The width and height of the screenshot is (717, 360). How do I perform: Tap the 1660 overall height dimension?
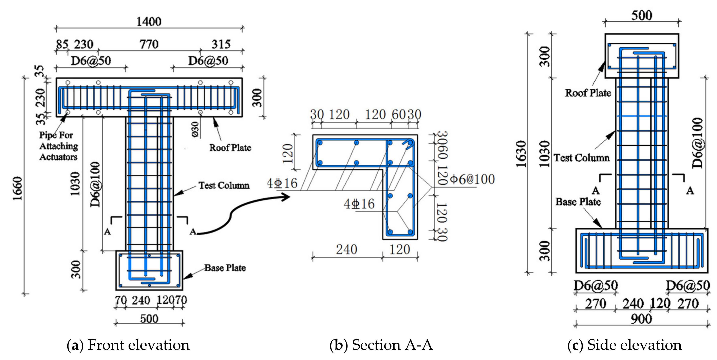click(17, 188)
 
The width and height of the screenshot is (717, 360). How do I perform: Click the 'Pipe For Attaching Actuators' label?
click(58, 146)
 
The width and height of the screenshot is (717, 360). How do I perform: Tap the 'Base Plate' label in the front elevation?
click(225, 268)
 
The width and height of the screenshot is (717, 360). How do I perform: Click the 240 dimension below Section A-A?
click(346, 249)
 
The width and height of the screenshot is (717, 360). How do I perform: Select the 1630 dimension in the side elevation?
click(521, 154)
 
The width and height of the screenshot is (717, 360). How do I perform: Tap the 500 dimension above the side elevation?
click(641, 15)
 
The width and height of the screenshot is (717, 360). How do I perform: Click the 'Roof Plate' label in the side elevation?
click(588, 93)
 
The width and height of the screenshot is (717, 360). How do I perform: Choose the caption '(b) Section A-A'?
click(381, 345)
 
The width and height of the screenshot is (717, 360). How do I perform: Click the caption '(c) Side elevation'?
click(624, 345)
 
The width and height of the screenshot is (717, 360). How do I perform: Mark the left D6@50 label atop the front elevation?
click(91, 61)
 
